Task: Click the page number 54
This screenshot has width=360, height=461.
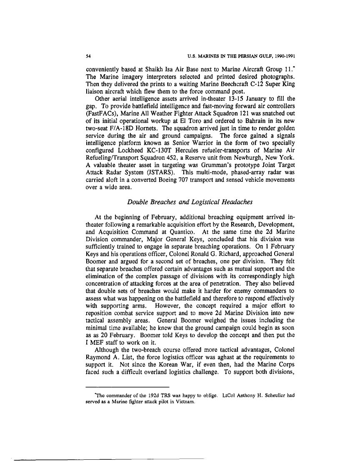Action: [88, 55]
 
